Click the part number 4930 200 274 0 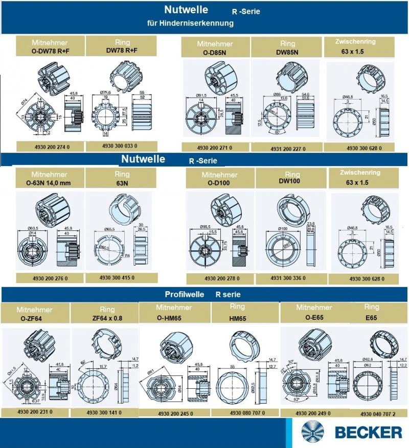click(50, 146)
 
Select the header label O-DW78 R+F click(50, 51)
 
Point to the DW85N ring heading click(288, 52)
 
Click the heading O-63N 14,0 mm click(50, 182)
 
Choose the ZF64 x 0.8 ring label click(107, 318)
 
